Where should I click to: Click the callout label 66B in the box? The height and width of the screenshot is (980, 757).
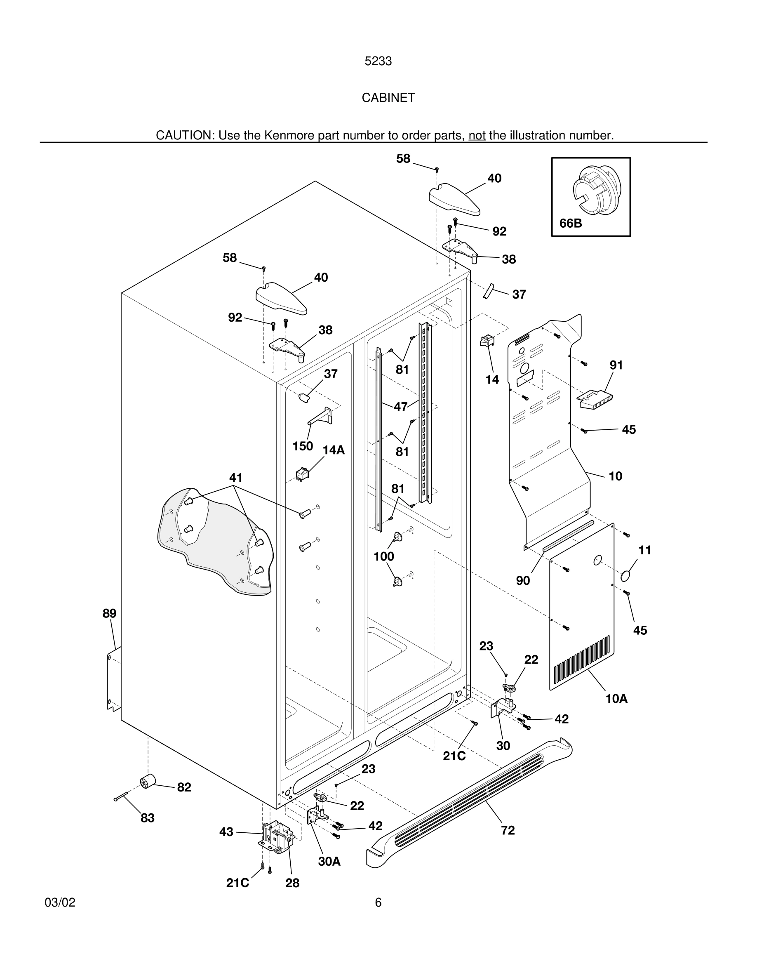571,223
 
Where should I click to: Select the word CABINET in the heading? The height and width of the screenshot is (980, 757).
388,98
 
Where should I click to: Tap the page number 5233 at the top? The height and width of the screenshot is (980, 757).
378,61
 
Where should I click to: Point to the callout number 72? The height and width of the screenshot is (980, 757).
508,831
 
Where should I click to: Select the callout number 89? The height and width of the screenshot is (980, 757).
109,613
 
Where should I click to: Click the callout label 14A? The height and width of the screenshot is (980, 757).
334,450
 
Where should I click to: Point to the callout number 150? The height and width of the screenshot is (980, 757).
303,446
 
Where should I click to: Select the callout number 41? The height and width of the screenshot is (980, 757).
236,478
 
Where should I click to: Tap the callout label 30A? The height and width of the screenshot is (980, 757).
329,862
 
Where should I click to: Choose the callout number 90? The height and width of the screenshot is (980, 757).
523,581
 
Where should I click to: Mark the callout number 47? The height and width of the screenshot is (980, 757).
400,407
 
